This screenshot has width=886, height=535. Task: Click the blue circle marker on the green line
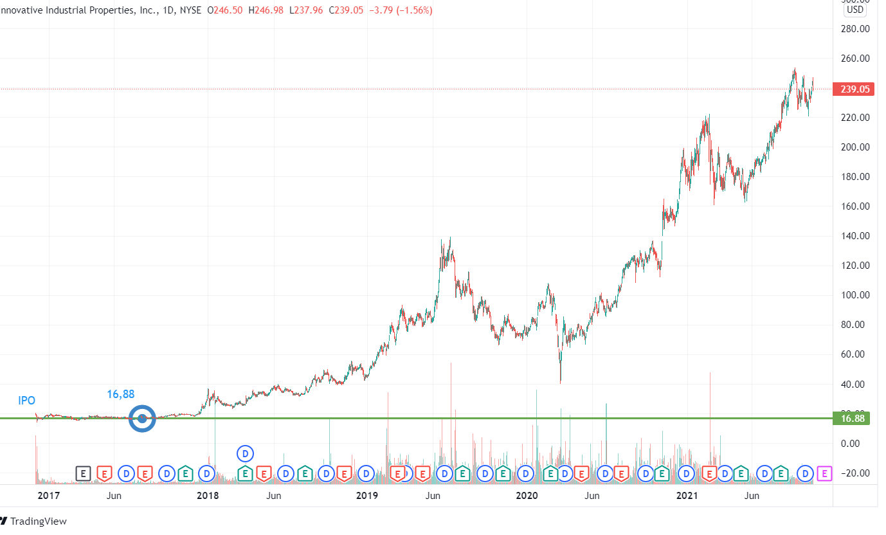tap(143, 419)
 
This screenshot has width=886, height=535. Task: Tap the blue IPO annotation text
tap(26, 401)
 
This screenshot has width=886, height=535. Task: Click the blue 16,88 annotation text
tap(121, 394)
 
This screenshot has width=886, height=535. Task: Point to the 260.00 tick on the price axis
tap(855, 59)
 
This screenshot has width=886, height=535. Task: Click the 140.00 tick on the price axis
tap(855, 236)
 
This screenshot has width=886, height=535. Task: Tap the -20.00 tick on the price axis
tap(855, 473)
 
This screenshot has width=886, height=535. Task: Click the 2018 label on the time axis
tap(208, 496)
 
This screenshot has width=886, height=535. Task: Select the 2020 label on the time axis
tap(527, 496)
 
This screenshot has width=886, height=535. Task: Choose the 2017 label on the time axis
tap(48, 496)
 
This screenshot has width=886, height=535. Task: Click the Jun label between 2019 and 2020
tap(433, 496)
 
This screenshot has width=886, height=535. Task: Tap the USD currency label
tap(854, 10)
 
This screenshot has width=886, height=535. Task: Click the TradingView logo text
tap(39, 521)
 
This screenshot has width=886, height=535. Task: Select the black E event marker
tap(83, 474)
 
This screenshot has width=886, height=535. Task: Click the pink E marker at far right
tap(824, 474)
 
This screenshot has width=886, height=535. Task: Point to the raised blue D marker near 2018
tap(245, 453)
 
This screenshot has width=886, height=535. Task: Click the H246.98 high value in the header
tap(266, 11)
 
